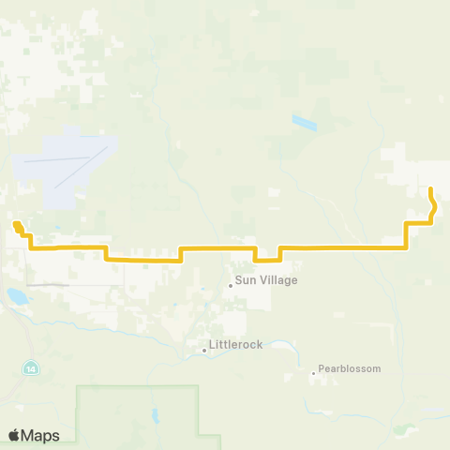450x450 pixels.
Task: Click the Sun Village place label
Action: pos(258,279)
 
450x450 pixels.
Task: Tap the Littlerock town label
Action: pos(237,345)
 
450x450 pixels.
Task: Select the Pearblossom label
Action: pos(350,368)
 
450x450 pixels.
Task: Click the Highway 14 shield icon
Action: pos(31,366)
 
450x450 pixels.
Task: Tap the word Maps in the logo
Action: pos(40,435)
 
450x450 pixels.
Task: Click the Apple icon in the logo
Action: pos(14,434)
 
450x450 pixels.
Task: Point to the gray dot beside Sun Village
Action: pos(231,285)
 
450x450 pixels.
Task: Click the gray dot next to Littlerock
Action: pos(204,351)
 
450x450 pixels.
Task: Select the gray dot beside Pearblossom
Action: pos(313,374)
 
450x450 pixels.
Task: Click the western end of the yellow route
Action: pos(16,223)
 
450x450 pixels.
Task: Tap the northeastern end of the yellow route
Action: pos(430,190)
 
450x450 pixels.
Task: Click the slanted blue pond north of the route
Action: pos(304,122)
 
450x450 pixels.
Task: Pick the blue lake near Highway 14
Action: pos(17,298)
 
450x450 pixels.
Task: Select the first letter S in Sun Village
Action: pos(239,279)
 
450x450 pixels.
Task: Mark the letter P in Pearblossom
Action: pos(322,368)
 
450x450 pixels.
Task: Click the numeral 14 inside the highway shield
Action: pos(31,366)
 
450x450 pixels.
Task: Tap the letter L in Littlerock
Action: pos(215,345)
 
